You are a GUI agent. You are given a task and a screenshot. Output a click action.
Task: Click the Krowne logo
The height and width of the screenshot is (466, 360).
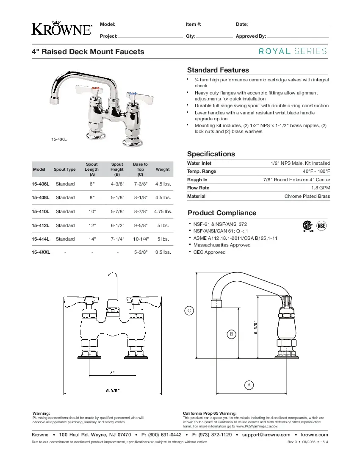62,28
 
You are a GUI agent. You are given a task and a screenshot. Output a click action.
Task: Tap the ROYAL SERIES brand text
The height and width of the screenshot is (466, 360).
293,51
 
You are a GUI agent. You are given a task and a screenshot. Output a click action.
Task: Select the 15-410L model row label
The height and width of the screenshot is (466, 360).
41,211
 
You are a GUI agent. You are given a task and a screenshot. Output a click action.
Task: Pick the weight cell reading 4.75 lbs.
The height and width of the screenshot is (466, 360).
163,211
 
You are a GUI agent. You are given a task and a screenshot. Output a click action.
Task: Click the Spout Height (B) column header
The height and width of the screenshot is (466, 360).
117,169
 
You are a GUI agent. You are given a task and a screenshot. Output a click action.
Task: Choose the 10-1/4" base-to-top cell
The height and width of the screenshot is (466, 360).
141,239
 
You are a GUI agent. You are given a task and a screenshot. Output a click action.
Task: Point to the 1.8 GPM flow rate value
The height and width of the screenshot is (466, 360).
321,188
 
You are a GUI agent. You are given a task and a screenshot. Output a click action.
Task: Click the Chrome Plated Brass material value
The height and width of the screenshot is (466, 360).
307,196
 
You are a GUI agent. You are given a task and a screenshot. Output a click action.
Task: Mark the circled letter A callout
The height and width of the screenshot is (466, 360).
249,385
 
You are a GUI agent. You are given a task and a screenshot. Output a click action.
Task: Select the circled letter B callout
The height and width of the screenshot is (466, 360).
231,334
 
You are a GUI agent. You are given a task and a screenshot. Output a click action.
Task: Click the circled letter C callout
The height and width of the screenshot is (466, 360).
190,311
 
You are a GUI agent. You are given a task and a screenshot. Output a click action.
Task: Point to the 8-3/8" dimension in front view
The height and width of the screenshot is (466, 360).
113,390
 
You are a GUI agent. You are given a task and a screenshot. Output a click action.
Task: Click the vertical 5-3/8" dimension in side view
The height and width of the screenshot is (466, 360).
256,327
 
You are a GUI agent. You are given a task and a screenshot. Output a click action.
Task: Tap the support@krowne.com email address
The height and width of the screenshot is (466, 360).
266,435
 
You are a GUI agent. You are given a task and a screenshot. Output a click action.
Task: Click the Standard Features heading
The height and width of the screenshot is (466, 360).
218,70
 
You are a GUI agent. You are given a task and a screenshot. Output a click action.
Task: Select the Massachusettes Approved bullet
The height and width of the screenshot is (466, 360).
222,245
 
